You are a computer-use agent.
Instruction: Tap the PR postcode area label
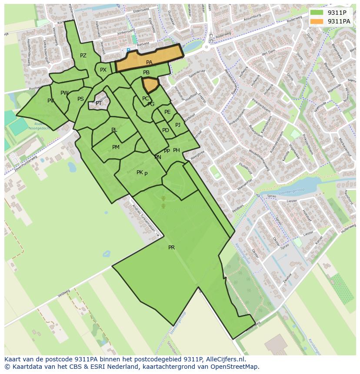pyautogui.click(x=171, y=248)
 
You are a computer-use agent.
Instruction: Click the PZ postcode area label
pyautogui.click(x=83, y=56)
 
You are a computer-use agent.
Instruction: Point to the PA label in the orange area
pyautogui.click(x=149, y=63)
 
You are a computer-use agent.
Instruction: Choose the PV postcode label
pyautogui.click(x=51, y=101)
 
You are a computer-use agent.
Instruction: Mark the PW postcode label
pyautogui.click(x=64, y=93)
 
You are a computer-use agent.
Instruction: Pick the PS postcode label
pyautogui.click(x=80, y=99)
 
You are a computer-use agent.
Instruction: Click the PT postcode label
pyautogui.click(x=99, y=103)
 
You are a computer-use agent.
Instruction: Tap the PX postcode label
pyautogui.click(x=103, y=70)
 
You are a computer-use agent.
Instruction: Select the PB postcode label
pyautogui.click(x=146, y=73)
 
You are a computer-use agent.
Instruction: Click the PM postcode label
pyautogui.click(x=116, y=147)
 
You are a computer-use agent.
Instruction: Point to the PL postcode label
pyautogui.click(x=114, y=130)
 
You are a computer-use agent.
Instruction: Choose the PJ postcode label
pyautogui.click(x=177, y=125)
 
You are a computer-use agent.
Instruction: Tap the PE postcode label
pyautogui.click(x=167, y=112)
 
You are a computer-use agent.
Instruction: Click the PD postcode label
pyautogui.click(x=165, y=130)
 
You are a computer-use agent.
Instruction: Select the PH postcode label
pyautogui.click(x=177, y=150)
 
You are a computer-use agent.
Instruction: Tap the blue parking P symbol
pyautogui.click(x=128, y=50)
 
